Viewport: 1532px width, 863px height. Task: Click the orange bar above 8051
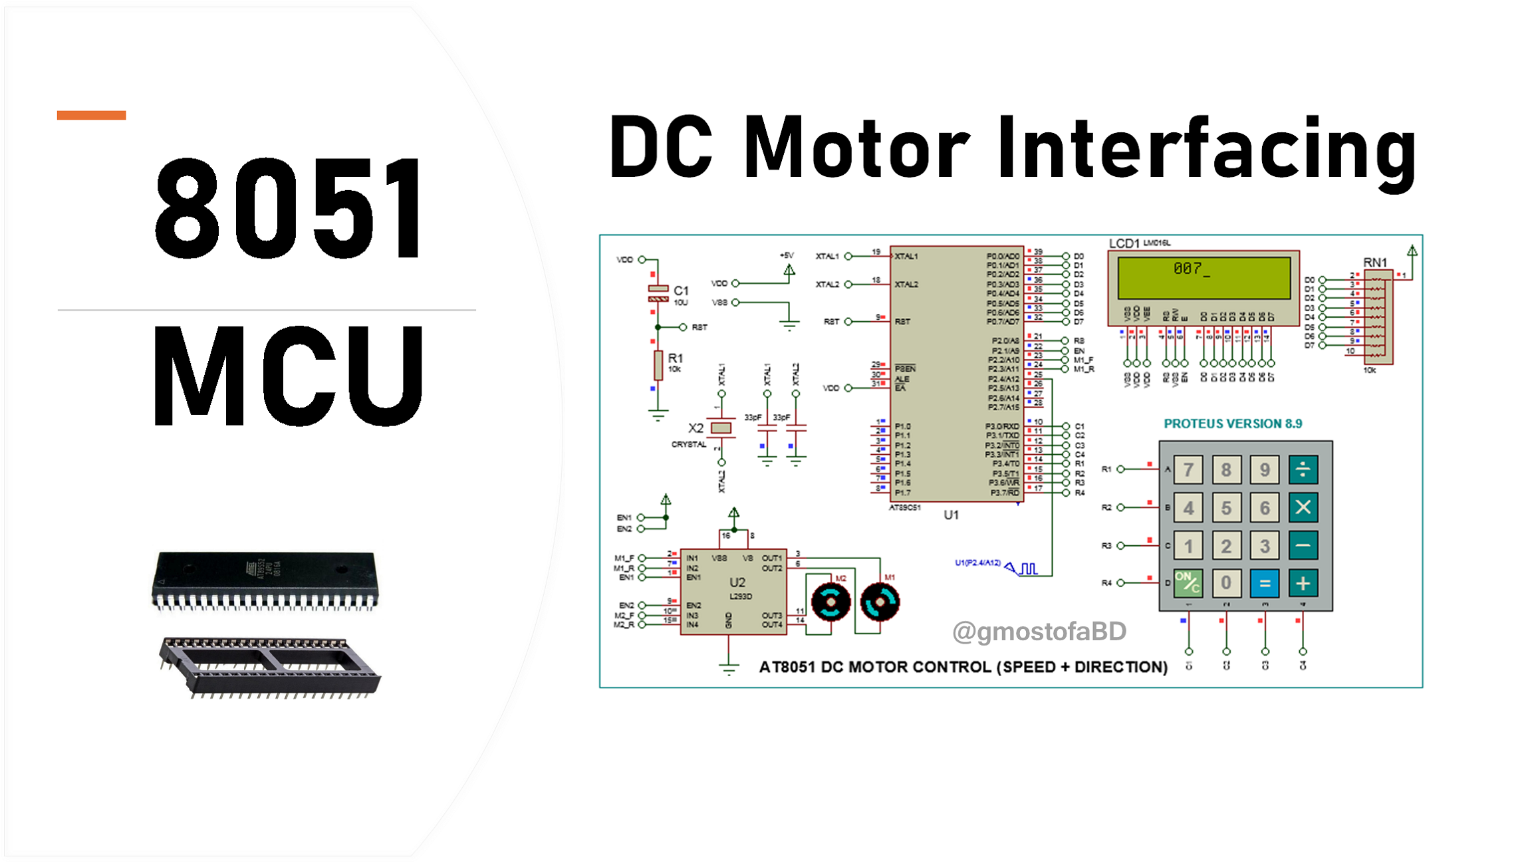(x=91, y=115)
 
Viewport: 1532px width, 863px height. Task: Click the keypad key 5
(x=1226, y=508)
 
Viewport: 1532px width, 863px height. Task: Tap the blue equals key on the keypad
(x=1264, y=584)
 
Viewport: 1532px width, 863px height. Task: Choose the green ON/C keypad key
(x=1188, y=584)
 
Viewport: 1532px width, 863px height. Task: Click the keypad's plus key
(x=1303, y=584)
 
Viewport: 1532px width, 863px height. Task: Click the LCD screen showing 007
(x=1204, y=277)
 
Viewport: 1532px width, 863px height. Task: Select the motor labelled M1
(x=880, y=602)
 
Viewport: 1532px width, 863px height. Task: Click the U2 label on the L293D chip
(x=737, y=582)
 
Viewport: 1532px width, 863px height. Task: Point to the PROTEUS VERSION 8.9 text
(x=1232, y=424)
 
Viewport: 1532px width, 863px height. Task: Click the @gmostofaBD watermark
(x=1039, y=631)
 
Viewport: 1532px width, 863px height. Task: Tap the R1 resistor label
(x=676, y=358)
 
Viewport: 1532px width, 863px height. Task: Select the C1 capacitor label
(x=681, y=291)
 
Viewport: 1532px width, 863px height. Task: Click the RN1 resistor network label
(x=1375, y=263)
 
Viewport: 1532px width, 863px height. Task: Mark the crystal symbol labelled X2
(x=721, y=428)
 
